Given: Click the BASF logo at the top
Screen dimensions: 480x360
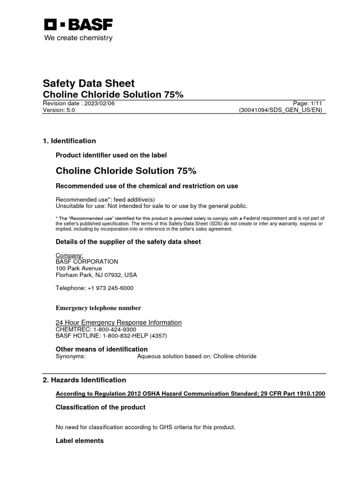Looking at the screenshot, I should pos(78,24).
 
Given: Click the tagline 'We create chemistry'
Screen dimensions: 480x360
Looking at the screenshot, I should pos(78,38).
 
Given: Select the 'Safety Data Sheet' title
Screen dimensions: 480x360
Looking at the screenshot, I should pos(89,83).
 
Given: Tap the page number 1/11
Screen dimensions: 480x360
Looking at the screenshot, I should pos(316,104).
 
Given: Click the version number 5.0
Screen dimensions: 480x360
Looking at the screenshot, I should pos(70,110).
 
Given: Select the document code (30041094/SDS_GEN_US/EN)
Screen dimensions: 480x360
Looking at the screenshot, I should pos(280,110).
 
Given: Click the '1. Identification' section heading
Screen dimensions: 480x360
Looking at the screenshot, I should pos(69,141).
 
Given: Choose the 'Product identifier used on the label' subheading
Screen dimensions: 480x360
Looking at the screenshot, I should pos(111,155).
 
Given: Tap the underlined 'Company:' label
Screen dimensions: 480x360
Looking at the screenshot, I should pos(69,255).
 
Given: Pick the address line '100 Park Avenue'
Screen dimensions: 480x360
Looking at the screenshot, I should pos(79,268).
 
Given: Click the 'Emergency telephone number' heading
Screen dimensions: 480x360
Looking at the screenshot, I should pos(98,308).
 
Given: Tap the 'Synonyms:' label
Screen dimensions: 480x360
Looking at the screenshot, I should pos(71,356).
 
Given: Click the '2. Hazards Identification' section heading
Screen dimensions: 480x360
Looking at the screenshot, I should pos(84,380).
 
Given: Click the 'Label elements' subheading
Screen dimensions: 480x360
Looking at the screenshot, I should pos(80,441).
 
